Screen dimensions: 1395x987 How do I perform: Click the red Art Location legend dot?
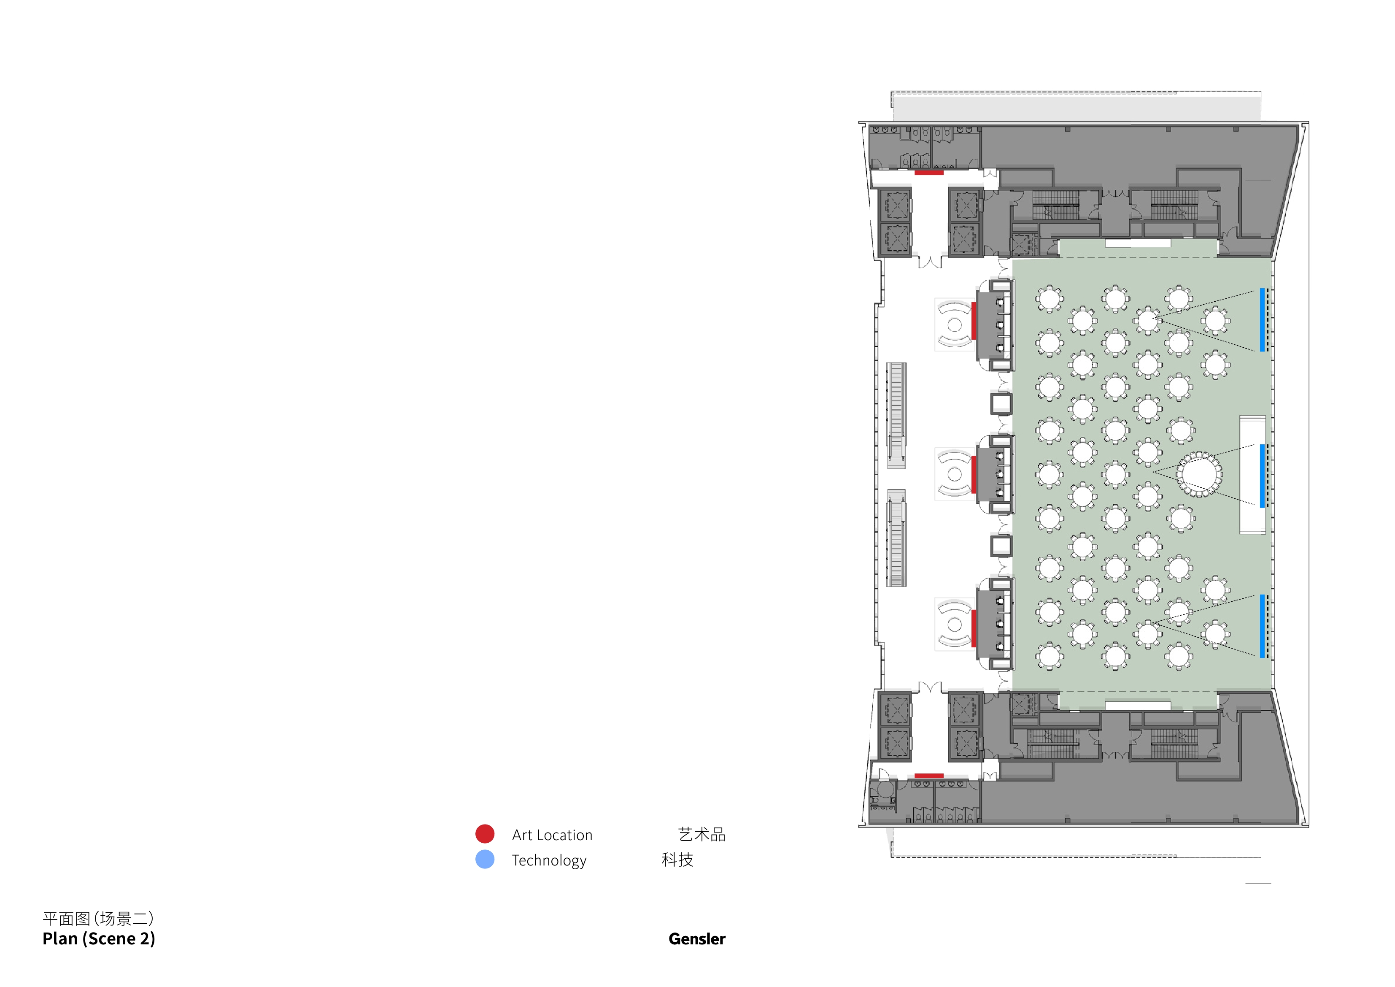pos(485,834)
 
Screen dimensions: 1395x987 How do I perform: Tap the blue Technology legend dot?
pos(485,860)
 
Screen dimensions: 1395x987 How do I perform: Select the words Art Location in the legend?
pos(552,835)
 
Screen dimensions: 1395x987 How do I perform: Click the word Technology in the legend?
pos(549,860)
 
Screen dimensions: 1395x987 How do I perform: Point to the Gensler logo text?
pos(697,939)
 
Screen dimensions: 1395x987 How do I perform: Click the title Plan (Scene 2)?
pos(98,939)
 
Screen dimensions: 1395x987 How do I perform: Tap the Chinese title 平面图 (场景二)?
pos(98,918)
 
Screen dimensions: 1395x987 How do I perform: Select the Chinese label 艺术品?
pos(702,834)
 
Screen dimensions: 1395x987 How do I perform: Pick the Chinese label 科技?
pos(677,860)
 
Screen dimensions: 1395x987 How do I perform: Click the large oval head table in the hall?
pos(1199,474)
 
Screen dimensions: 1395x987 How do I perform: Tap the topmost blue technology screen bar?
pos(1262,320)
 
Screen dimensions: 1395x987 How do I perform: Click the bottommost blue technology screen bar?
pos(1262,626)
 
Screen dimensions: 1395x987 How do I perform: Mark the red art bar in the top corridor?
pos(929,173)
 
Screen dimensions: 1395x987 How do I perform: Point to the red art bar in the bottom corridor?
pos(929,776)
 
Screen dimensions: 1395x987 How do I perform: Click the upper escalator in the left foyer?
pos(896,415)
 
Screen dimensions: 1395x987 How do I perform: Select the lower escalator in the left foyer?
pos(896,538)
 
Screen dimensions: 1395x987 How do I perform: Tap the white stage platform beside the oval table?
pos(1252,475)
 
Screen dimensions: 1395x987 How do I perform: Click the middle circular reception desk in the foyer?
pos(955,474)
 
